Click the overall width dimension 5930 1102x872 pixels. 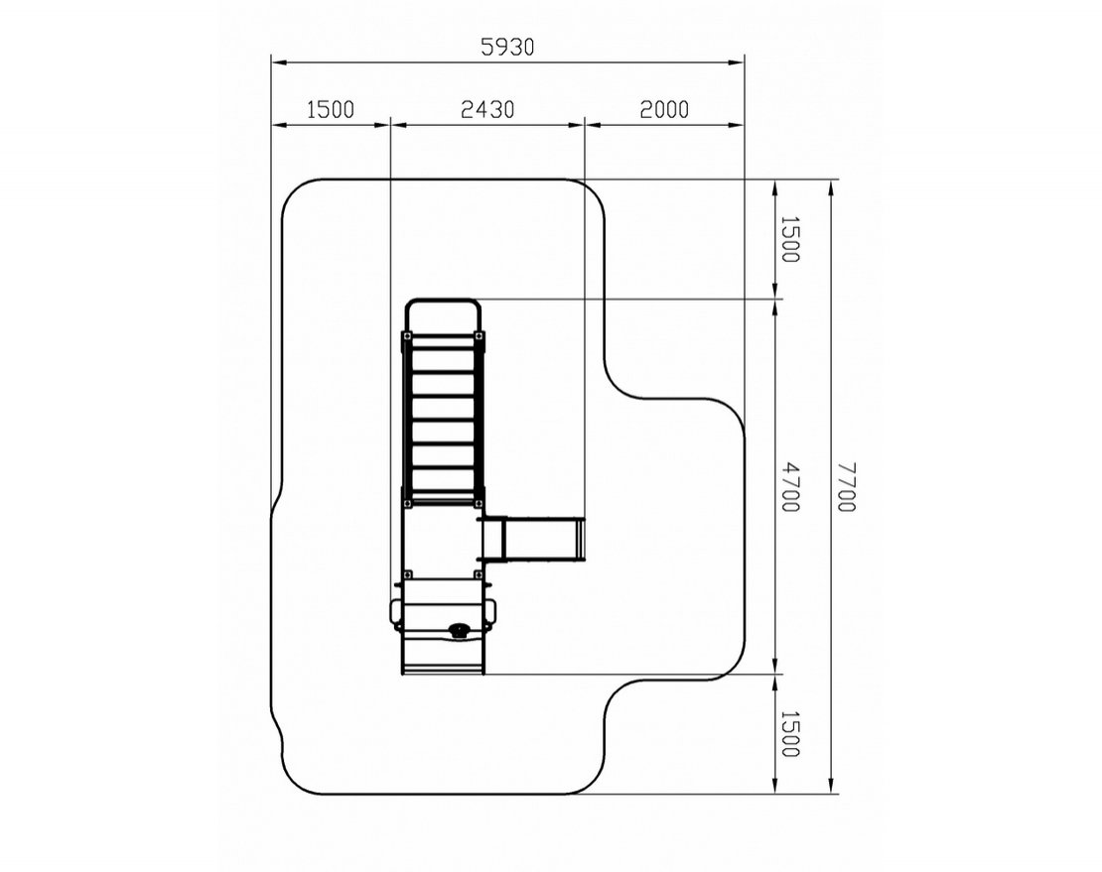coord(507,47)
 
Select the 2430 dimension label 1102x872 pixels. coord(487,109)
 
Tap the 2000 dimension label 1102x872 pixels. coord(664,109)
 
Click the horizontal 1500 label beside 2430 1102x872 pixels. coord(331,109)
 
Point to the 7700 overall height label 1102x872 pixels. coord(846,486)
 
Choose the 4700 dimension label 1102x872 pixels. coord(790,486)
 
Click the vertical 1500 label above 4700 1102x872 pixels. coord(790,239)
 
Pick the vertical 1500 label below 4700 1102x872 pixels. coord(790,734)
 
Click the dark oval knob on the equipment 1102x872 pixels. coord(460,630)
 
